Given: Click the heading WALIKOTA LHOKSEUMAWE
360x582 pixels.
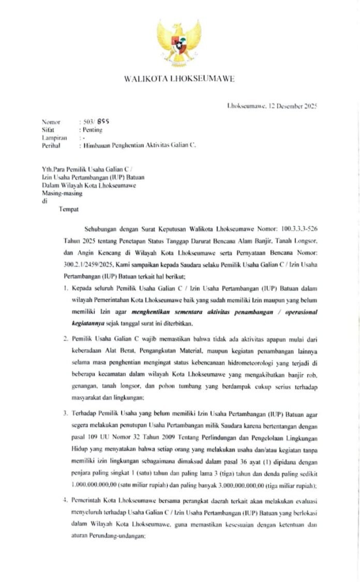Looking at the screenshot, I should tap(179, 79).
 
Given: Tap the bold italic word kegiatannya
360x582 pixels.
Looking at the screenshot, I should tap(86, 324).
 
